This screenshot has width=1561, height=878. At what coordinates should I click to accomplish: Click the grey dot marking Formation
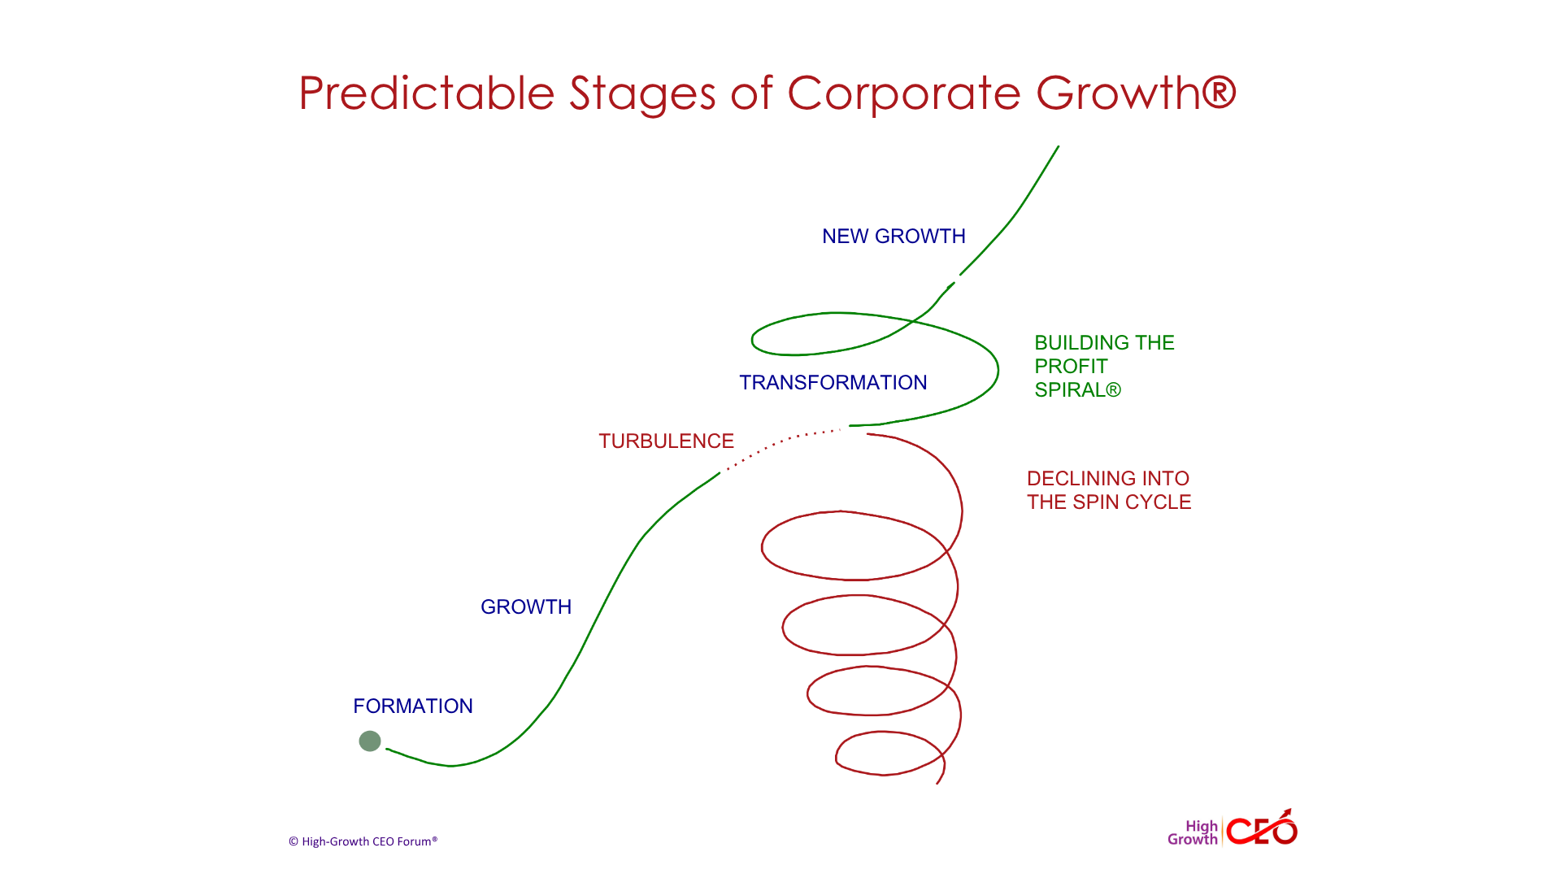tap(370, 741)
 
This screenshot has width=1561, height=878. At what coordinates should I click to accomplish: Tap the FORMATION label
tap(413, 706)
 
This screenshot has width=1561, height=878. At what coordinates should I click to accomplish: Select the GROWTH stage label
tap(526, 606)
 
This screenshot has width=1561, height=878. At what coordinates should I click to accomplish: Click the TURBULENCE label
tap(667, 441)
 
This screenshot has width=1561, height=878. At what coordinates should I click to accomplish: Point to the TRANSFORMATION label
tap(833, 382)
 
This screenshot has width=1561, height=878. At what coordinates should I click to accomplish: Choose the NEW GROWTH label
tap(894, 236)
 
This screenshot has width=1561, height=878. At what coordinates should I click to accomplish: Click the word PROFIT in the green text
tap(1071, 366)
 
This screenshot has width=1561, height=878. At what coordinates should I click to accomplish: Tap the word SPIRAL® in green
tap(1078, 389)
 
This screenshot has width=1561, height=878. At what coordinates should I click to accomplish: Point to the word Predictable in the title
tap(427, 93)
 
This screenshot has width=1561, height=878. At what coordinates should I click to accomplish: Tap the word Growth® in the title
tap(1137, 93)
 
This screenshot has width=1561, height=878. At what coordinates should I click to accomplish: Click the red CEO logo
tap(1262, 828)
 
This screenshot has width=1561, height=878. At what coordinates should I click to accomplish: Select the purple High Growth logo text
tap(1193, 832)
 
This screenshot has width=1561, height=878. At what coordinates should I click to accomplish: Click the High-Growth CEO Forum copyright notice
tap(363, 841)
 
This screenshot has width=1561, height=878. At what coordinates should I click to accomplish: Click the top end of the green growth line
tap(1059, 146)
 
